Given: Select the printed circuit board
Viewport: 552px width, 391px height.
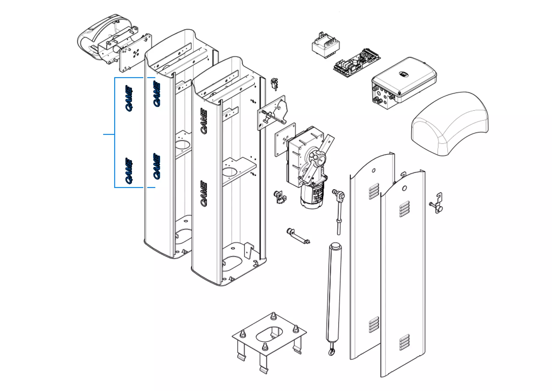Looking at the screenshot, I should click(x=357, y=63).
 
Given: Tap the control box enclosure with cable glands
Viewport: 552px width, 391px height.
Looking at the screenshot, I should click(x=403, y=83).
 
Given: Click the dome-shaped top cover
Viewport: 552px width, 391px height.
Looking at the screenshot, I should click(x=450, y=123).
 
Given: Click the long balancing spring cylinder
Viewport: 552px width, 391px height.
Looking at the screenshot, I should click(x=334, y=291).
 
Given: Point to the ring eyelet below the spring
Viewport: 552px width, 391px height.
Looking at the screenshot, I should click(x=332, y=352).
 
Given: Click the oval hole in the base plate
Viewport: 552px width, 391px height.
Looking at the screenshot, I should click(x=269, y=334).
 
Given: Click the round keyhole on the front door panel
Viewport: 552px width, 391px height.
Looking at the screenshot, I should click(x=404, y=188).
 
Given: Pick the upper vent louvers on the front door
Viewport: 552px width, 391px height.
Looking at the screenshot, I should click(x=404, y=209).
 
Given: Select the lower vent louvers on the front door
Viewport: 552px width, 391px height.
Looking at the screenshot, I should click(x=404, y=342).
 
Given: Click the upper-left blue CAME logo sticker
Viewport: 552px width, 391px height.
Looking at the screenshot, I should click(x=129, y=98).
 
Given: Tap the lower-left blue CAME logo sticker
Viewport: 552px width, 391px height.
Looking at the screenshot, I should click(x=129, y=171).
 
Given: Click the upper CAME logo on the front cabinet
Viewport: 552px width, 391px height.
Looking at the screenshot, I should click(x=204, y=121).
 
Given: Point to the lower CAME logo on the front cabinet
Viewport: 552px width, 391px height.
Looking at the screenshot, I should click(x=204, y=194).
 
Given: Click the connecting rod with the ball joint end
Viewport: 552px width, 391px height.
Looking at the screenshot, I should click(x=339, y=210).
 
